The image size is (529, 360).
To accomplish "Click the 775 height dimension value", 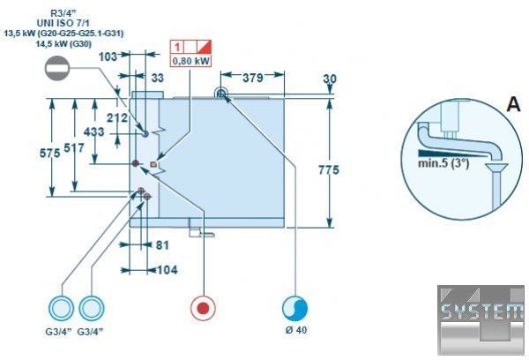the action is [x=329, y=170].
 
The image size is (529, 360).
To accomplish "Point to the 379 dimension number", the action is [x=253, y=78].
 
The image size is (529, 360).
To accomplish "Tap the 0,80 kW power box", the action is [x=190, y=61].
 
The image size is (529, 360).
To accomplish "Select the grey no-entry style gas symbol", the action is [x=57, y=68].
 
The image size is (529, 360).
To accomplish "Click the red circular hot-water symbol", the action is [x=203, y=308].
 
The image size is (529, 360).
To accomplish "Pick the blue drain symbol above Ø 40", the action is [x=294, y=308].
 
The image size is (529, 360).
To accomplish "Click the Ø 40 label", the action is [x=296, y=330].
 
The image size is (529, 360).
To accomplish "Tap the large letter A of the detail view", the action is [x=513, y=104].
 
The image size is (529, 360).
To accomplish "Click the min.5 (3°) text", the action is [x=443, y=163].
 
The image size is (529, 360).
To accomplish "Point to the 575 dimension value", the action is [x=50, y=153].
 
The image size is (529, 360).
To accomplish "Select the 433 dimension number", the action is [x=94, y=131].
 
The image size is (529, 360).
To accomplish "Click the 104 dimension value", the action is [x=167, y=270].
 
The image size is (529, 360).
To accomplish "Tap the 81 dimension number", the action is [x=162, y=244].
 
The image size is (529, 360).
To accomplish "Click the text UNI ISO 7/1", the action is [x=63, y=23].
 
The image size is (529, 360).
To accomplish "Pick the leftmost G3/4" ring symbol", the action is [x=61, y=308].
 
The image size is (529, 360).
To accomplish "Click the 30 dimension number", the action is [x=330, y=79].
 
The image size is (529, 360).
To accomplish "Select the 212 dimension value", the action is [x=117, y=117].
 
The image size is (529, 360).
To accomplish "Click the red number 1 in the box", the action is [x=177, y=47].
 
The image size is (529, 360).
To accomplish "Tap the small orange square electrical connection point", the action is [x=153, y=164].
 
